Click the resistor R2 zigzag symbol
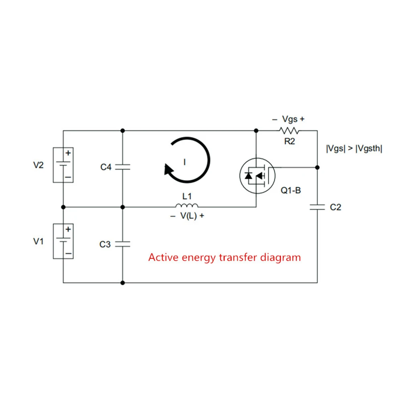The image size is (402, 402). (289, 131)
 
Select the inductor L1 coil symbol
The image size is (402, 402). (187, 205)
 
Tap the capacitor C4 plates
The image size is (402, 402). (122, 167)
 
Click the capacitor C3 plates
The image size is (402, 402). (122, 244)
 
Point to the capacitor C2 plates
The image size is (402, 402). (317, 207)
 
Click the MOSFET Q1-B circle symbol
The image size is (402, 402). (257, 176)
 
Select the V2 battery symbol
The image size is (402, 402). (63, 165)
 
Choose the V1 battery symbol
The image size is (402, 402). (63, 241)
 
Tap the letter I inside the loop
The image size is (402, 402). (185, 162)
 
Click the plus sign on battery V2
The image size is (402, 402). (68, 153)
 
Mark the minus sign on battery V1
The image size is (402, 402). (68, 253)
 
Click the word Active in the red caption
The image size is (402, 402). (163, 257)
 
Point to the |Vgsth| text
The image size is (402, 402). (369, 149)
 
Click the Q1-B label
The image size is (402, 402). (291, 190)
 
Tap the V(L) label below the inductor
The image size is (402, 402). (188, 216)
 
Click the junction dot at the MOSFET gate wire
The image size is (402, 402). (317, 167)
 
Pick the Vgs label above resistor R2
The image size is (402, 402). (290, 119)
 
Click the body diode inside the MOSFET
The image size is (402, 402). (248, 176)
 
